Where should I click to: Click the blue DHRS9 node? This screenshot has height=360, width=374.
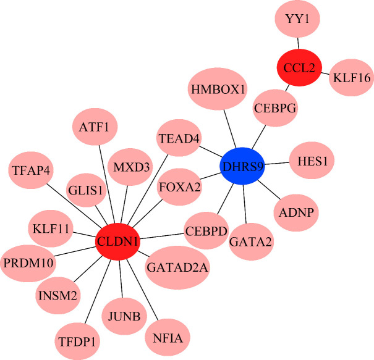pos(243,165)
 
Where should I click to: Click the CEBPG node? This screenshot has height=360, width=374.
pos(276,108)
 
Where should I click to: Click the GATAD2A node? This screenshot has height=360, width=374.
pos(177,267)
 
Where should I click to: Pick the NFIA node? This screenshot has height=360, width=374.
pos(168,338)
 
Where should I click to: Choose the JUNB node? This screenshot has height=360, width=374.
pos(123,317)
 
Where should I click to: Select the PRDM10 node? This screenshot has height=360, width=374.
pos(28,262)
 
